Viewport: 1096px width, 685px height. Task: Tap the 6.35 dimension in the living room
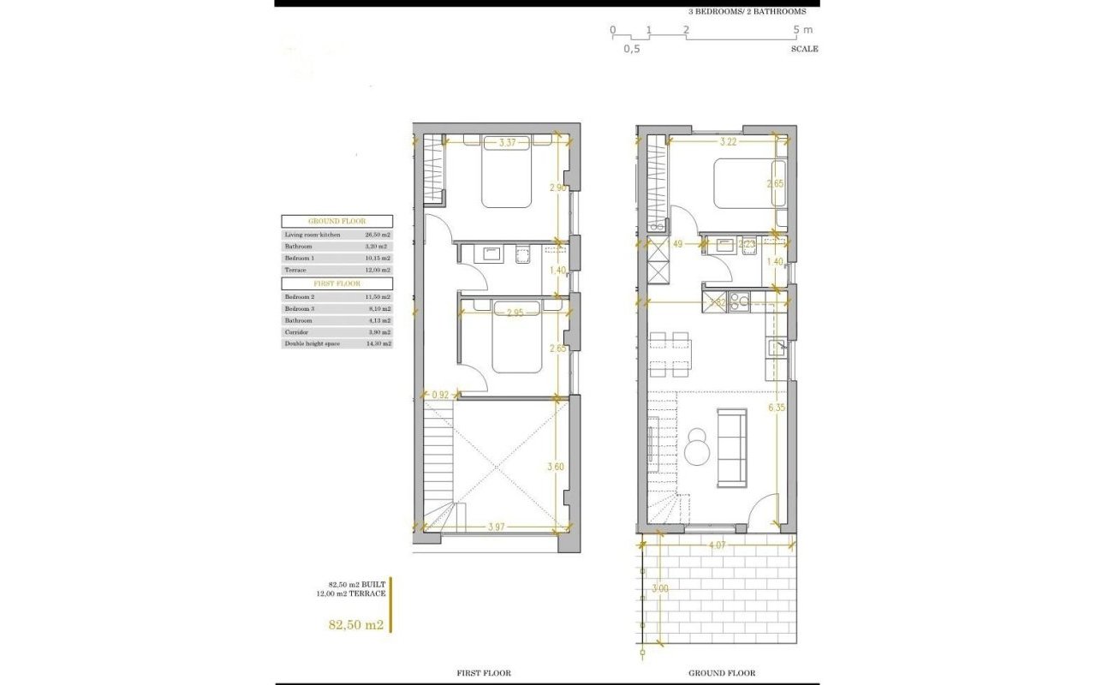tap(776, 408)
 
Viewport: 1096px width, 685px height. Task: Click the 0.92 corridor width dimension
tap(440, 395)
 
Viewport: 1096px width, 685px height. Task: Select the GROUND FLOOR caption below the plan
tap(722, 673)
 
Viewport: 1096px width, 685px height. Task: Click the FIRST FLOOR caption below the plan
tap(483, 673)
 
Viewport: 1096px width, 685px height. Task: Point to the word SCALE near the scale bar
tap(804, 49)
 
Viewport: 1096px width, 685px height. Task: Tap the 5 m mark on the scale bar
tap(802, 30)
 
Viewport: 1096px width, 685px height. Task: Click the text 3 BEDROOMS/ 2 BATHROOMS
tap(747, 12)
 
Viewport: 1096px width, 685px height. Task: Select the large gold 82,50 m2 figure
tap(355, 625)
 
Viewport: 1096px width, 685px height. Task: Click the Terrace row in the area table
tap(337, 270)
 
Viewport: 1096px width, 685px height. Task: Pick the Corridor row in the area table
tap(337, 331)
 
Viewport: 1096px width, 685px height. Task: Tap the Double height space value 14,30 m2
tap(378, 343)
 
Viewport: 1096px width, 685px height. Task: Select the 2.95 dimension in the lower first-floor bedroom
tap(514, 313)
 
